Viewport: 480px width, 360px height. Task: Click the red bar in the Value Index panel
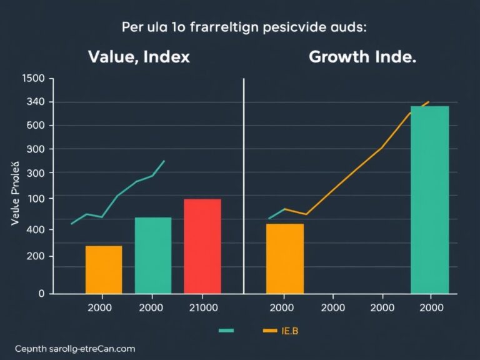[202, 246]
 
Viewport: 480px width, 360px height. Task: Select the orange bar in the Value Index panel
[104, 269]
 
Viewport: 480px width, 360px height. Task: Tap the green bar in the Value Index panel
[153, 255]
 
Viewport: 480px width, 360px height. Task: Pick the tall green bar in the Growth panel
[429, 199]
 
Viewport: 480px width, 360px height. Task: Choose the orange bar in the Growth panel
[285, 258]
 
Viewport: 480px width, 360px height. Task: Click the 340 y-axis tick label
[35, 102]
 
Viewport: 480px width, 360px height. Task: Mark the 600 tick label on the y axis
[35, 126]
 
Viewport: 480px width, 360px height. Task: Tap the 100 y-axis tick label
[35, 198]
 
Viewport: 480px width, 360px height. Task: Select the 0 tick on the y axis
[41, 293]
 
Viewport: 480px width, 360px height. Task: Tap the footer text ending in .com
[76, 348]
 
